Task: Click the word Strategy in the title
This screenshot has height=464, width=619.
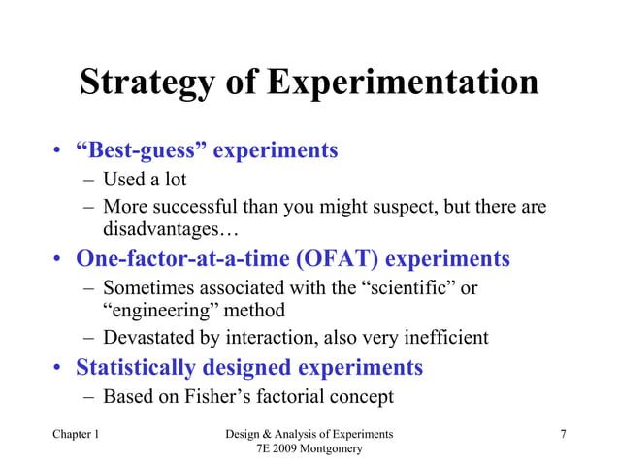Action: [x=147, y=83]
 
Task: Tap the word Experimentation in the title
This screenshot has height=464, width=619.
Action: [x=402, y=83]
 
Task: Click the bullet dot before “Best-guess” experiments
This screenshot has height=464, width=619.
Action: [x=60, y=152]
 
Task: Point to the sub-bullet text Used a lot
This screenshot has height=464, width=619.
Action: [x=145, y=180]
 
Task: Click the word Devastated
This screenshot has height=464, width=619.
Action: [x=150, y=338]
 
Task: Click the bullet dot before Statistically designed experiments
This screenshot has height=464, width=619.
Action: [x=60, y=369]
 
